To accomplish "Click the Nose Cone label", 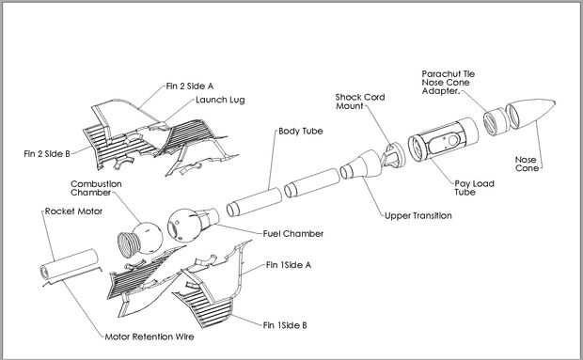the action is (x=527, y=164).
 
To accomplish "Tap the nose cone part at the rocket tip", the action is (x=530, y=114).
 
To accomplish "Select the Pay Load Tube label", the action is (x=474, y=188).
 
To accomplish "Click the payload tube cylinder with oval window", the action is (x=443, y=139).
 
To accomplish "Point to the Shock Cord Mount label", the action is (x=360, y=102).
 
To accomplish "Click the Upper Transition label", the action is (x=418, y=215).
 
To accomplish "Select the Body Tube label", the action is (x=300, y=131).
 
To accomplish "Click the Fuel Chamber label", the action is (x=293, y=234).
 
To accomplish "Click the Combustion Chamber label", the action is (x=96, y=188).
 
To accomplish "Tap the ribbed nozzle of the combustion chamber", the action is (x=128, y=244).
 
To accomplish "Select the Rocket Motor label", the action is (x=73, y=211).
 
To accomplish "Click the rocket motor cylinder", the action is (x=70, y=264).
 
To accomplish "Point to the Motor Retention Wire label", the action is (x=150, y=337).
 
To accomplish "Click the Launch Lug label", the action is (x=220, y=100).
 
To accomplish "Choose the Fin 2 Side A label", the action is (x=190, y=86).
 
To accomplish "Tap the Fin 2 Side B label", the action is (x=47, y=153).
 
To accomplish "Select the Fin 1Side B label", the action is (x=285, y=325).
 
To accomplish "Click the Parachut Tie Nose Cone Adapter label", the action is (x=448, y=82).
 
